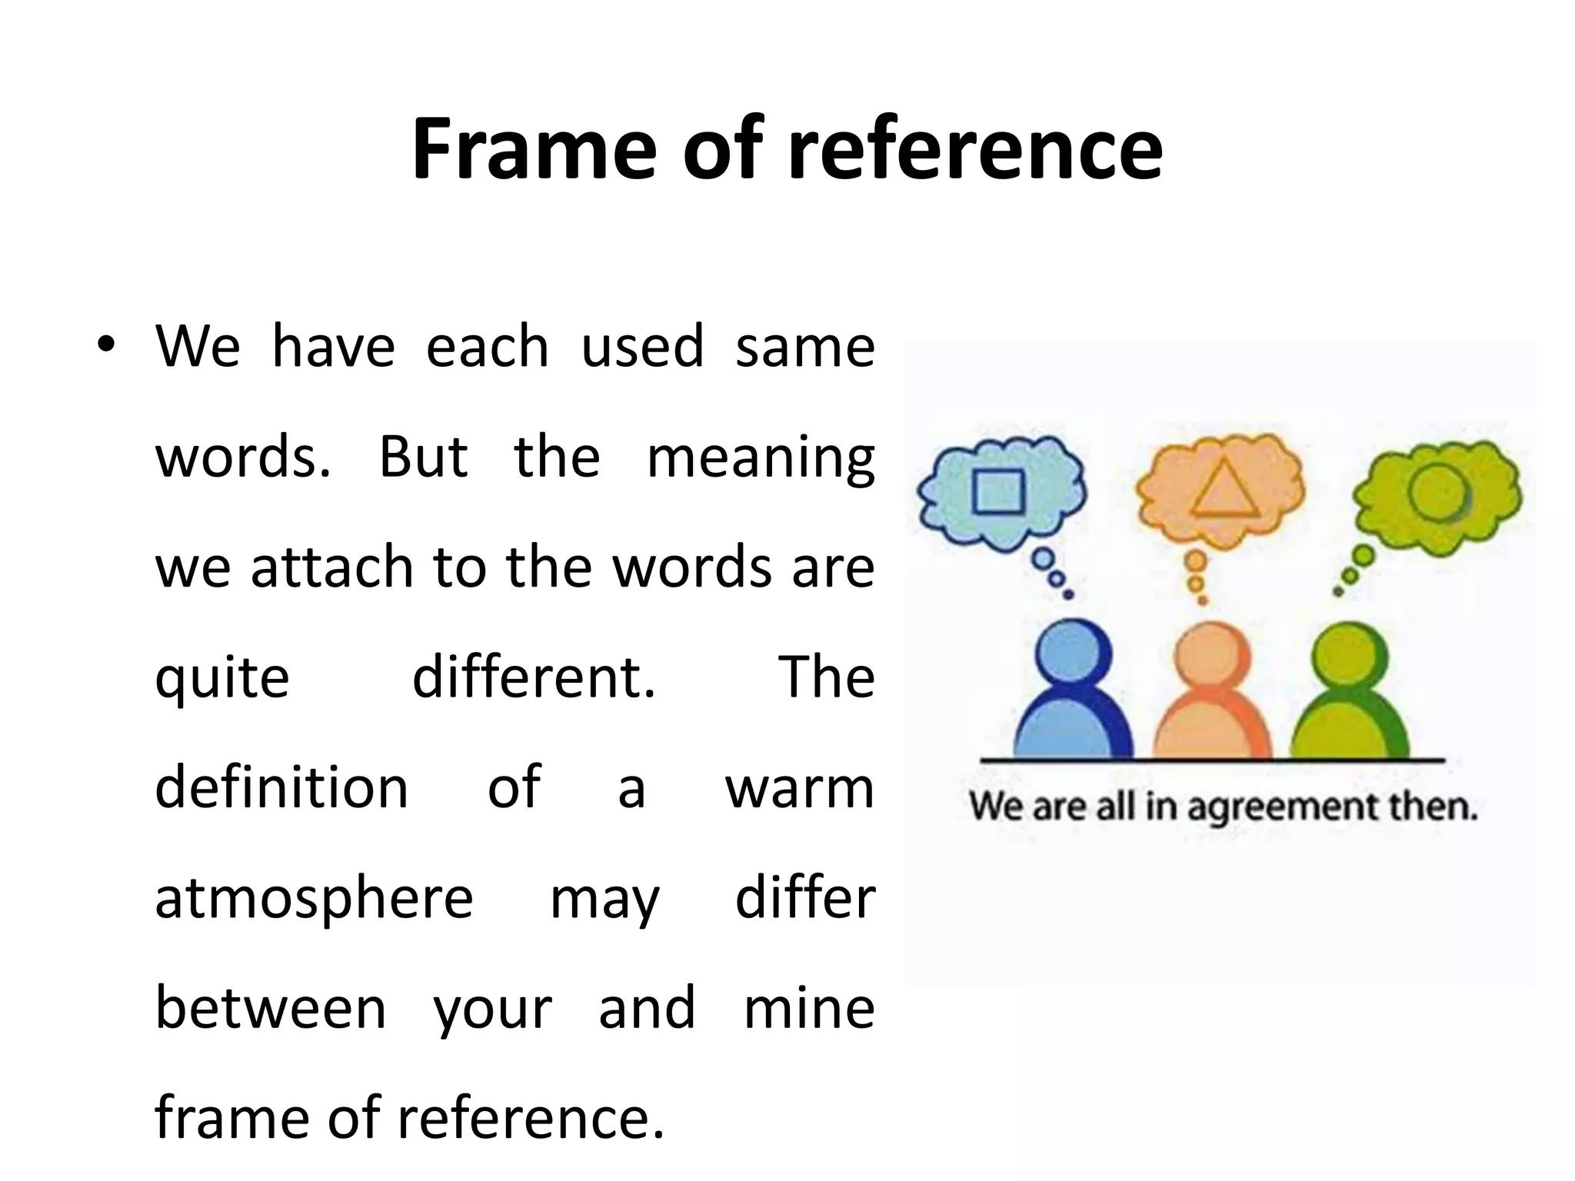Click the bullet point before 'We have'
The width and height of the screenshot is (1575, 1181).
point(106,345)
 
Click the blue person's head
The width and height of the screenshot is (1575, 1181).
point(1074,658)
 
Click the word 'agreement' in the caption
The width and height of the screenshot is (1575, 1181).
point(1274,807)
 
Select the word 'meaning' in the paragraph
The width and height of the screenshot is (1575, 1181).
point(761,457)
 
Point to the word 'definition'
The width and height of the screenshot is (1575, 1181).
point(281,787)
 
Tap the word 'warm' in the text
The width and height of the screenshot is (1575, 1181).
point(800,787)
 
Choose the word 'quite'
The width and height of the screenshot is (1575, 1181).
point(222,678)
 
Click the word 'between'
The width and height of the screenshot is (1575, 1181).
point(271,1008)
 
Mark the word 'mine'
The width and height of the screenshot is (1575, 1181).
point(809,1008)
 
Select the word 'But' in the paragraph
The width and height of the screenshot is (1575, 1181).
point(423,457)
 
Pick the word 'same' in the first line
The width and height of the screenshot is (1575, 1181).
point(804,347)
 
